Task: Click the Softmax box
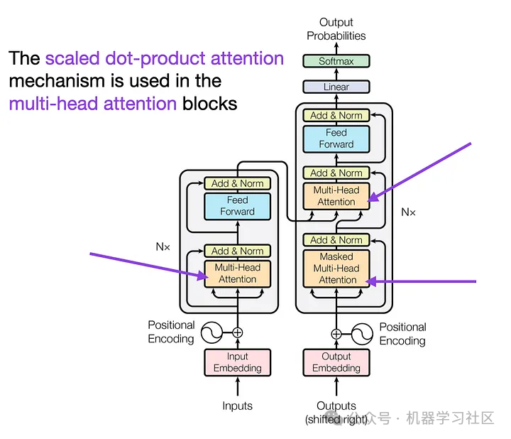coord(336,61)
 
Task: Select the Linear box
coord(336,87)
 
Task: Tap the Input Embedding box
coord(237,362)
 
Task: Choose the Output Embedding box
coord(336,362)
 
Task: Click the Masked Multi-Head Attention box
coord(336,269)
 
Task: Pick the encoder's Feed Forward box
coord(237,206)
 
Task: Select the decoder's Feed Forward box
coord(336,139)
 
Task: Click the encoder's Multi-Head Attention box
coord(237,273)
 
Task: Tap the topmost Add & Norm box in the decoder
coord(336,115)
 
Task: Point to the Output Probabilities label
coord(336,29)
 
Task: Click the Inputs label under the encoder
coord(237,406)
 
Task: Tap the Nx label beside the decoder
coord(408,212)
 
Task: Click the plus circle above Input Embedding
coord(237,332)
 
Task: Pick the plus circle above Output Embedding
coord(336,332)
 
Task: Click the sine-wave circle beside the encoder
coord(211,332)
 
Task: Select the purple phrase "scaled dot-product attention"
coord(164,58)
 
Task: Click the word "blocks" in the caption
coord(209,104)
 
